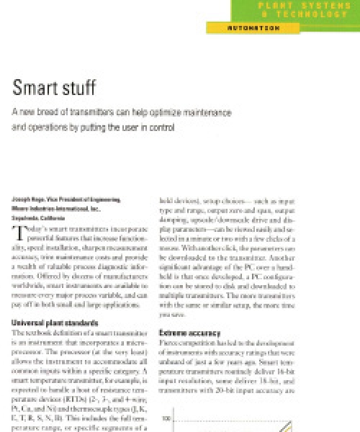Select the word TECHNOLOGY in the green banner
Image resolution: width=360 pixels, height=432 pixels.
(309, 14)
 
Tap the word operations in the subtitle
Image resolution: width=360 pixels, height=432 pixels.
(46, 129)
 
